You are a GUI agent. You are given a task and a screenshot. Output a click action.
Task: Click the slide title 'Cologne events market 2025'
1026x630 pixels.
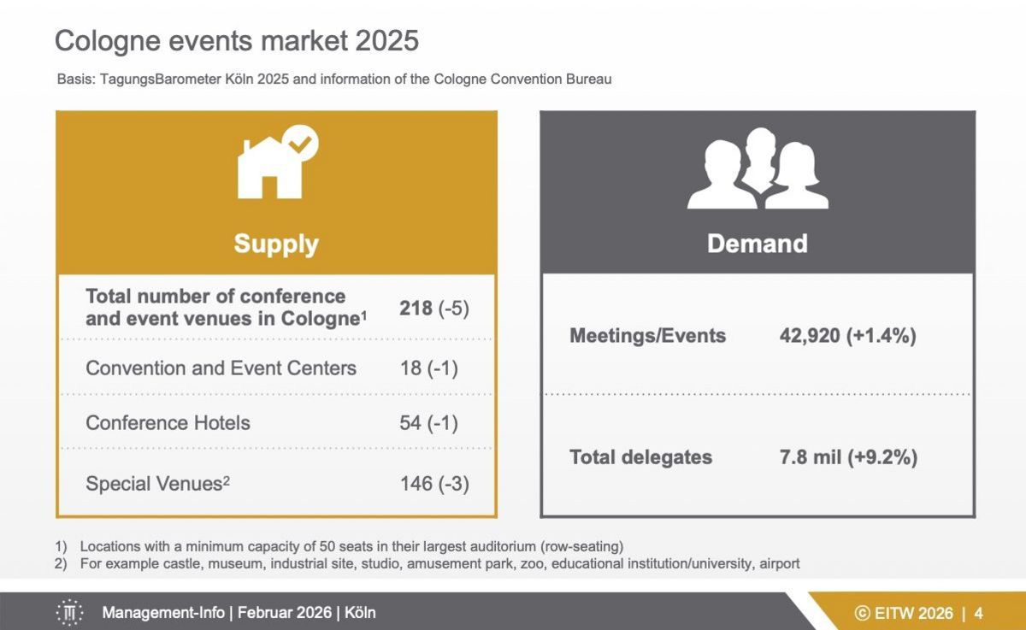[x=237, y=40]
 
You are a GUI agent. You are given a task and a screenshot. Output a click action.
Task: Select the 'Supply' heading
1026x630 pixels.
[x=276, y=244]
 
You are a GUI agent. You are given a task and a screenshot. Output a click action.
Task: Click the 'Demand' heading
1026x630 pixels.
[x=757, y=244]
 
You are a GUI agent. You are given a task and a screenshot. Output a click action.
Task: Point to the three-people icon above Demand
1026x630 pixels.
[x=758, y=169]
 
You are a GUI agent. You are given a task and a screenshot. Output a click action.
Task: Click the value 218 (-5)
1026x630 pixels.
[x=434, y=308]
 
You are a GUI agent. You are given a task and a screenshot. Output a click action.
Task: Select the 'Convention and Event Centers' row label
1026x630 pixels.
[x=221, y=368]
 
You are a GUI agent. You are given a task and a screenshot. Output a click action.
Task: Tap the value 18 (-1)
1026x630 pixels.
[x=429, y=368]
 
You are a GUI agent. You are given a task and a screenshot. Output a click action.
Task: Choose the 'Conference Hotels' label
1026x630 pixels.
[x=168, y=423]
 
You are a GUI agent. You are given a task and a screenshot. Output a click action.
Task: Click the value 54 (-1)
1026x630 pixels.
[x=429, y=423]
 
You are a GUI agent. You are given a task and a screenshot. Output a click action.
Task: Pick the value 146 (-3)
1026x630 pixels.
[x=434, y=484]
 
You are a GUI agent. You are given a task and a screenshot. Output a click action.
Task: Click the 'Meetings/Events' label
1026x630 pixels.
[x=647, y=336]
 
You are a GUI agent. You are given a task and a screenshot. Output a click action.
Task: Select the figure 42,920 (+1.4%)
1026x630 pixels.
[x=847, y=336]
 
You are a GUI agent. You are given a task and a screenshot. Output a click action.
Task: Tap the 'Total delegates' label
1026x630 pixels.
[x=640, y=457]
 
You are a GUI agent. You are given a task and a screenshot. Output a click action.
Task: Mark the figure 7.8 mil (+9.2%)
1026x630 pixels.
[x=848, y=457]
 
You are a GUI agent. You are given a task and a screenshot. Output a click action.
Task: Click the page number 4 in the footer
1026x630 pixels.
[x=978, y=613]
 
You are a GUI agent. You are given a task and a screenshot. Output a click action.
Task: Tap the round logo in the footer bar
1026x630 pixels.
[x=69, y=613]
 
